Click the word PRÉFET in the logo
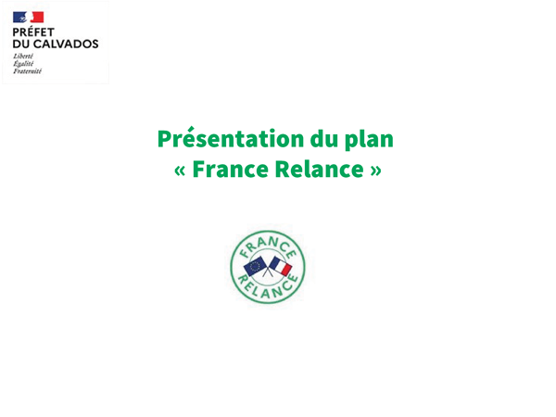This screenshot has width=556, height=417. pos(33,32)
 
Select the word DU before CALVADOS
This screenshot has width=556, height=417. pos(21,44)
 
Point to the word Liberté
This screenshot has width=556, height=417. pos(23,56)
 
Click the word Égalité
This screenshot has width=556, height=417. pos(23,63)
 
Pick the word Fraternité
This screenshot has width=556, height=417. pos(27,71)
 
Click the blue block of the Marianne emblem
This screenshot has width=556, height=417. pos(19,17)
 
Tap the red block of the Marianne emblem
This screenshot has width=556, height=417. pos(37,17)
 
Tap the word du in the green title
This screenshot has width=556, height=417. pos(324,138)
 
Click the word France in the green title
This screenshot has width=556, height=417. pos(231,170)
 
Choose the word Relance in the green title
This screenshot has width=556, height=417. pos(320,170)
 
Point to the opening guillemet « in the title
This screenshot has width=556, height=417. pos(180,171)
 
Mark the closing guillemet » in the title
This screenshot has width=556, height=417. pos(376,171)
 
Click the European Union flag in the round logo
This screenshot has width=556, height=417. pos(255,266)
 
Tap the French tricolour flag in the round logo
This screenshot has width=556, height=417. pos(281,266)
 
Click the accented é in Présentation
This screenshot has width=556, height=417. pos(190,137)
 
